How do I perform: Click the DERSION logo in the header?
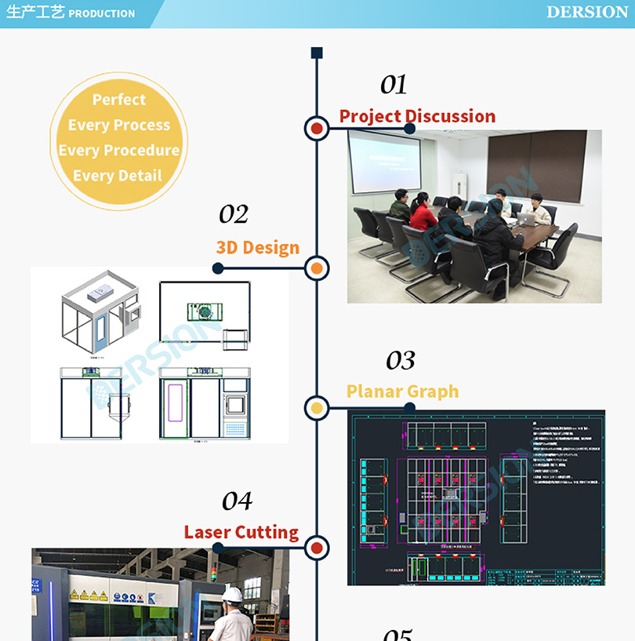587,12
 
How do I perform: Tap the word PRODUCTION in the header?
101,13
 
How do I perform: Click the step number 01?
394,85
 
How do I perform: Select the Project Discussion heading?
417,116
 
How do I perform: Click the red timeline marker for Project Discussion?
317,128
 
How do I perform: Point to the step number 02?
234,214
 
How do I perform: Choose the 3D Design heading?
258,248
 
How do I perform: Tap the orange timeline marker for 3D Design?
317,268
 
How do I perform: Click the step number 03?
400,361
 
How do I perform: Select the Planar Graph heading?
402,392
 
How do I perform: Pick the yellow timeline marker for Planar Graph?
317,407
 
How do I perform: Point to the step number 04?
237,501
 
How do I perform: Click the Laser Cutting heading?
241,533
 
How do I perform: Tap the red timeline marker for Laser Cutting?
317,547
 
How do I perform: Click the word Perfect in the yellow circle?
119,100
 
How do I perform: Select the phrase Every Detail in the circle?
118,176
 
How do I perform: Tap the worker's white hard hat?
232,595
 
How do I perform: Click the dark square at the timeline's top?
317,53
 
